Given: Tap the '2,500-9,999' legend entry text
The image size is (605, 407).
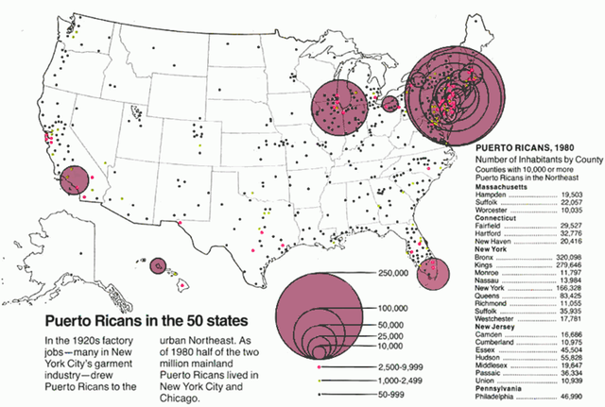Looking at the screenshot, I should click(401, 364).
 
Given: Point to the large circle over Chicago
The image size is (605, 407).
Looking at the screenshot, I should click(338, 105).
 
